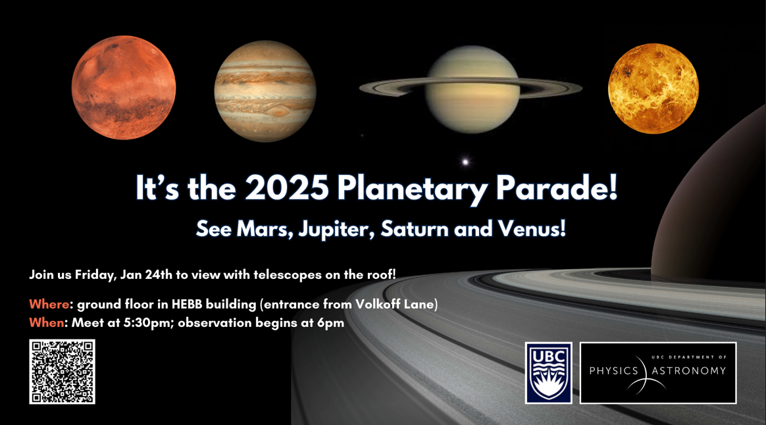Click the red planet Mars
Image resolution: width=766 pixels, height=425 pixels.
click(124, 87)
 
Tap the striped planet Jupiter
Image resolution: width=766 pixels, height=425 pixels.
click(265, 91)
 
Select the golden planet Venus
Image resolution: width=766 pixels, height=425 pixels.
click(653, 88)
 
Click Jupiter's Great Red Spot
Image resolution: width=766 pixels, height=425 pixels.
click(280, 112)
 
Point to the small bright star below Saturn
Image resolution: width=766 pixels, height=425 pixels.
click(465, 162)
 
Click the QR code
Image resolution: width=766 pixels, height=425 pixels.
click(62, 372)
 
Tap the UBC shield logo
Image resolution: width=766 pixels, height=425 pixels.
click(549, 373)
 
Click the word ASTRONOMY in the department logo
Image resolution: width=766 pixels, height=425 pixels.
click(689, 371)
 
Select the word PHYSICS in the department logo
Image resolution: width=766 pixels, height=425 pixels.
click(613, 371)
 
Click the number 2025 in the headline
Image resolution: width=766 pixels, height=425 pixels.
click(287, 187)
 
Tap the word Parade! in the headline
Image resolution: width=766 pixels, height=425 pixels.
click(557, 187)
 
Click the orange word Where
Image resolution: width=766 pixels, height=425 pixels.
click(49, 305)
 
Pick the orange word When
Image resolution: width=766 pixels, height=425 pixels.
click(47, 323)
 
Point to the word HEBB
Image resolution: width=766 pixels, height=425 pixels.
click(187, 305)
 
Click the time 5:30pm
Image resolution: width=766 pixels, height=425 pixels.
click(145, 324)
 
